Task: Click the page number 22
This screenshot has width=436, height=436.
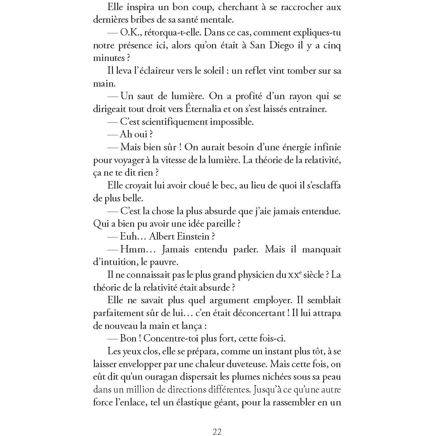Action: (217, 431)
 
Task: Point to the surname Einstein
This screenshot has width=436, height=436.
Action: (195, 237)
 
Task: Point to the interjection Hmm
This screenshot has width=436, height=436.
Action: (134, 249)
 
